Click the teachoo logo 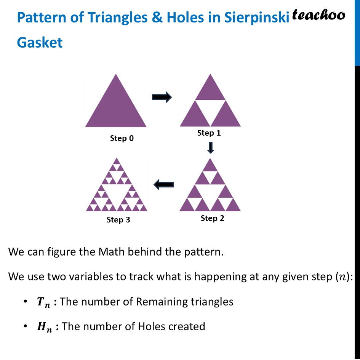click(318, 15)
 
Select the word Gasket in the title click(40, 42)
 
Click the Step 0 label click(122, 138)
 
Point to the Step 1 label click(209, 133)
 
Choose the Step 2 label click(212, 218)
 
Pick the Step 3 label click(118, 220)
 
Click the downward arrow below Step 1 click(211, 147)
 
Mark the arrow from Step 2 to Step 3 click(163, 185)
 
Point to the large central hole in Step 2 click(210, 192)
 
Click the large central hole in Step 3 click(117, 193)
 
